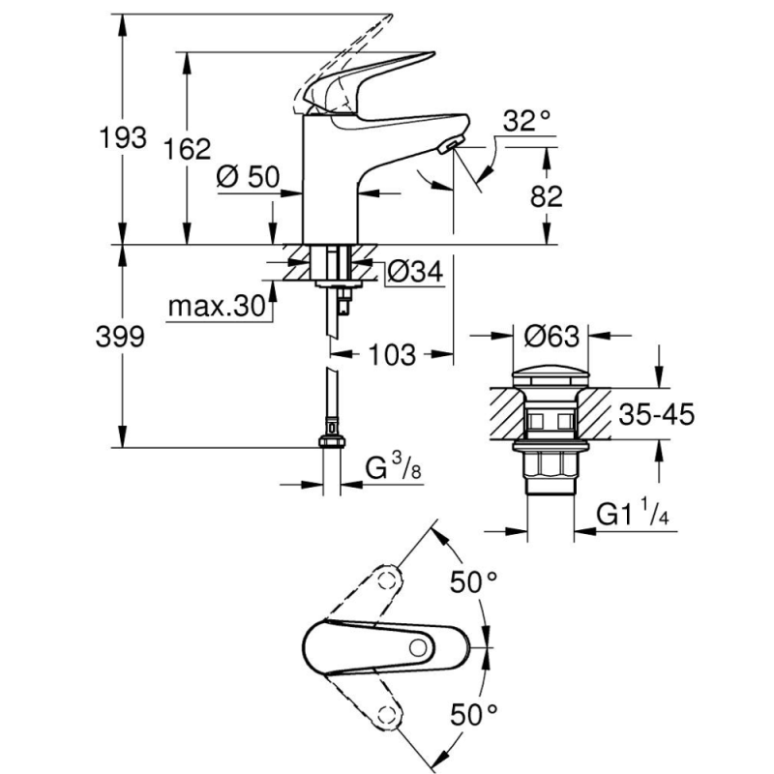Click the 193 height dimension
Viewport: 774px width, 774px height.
123,137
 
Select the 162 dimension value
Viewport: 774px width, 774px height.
187,149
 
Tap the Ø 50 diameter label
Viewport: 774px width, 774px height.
248,176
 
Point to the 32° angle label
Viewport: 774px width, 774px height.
526,120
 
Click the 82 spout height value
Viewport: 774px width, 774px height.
546,196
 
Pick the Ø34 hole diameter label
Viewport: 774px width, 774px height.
416,271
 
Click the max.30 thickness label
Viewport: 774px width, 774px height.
217,307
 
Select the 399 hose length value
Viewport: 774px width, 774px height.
120,337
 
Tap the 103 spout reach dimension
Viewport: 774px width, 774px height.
392,354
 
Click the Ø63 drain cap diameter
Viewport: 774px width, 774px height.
551,337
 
